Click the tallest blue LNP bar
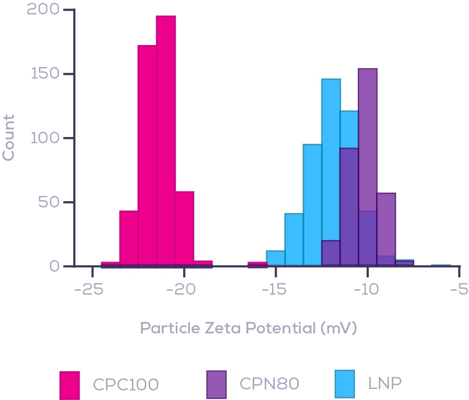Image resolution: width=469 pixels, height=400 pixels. (331, 158)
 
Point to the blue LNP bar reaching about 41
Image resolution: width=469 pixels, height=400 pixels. (294, 240)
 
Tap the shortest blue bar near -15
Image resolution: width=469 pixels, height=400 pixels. (276, 258)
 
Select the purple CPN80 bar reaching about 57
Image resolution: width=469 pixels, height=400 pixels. (386, 225)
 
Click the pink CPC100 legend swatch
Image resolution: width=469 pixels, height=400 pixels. (70, 384)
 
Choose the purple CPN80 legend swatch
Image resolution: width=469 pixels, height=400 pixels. (216, 384)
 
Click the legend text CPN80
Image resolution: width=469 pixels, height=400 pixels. (269, 384)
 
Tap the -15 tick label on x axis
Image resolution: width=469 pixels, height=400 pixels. (275, 290)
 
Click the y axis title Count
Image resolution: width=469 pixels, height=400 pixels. (9, 137)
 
